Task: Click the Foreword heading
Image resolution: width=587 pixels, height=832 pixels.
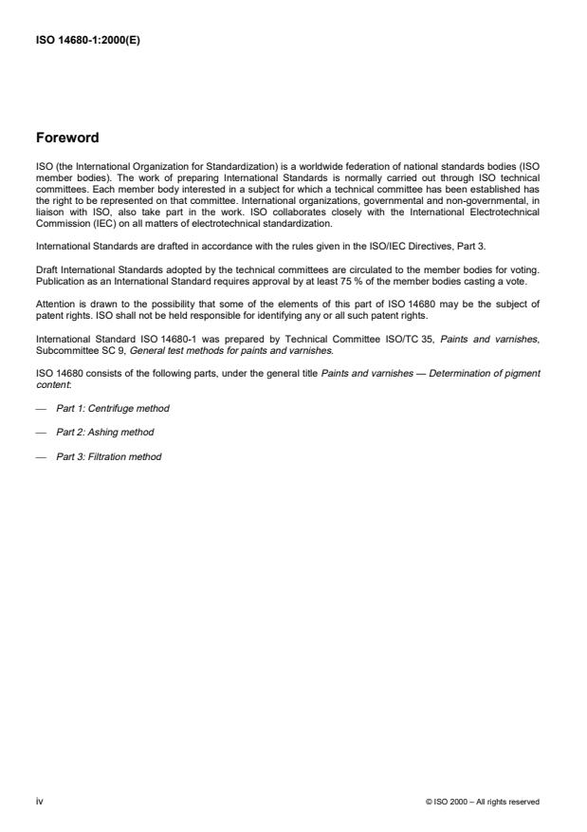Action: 66,138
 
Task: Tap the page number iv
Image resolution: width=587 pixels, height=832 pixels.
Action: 40,802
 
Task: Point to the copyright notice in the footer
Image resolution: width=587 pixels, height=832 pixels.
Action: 483,802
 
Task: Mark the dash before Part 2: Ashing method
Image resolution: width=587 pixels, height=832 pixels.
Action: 41,432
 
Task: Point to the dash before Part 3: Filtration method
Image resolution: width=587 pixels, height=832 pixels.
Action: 41,456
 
